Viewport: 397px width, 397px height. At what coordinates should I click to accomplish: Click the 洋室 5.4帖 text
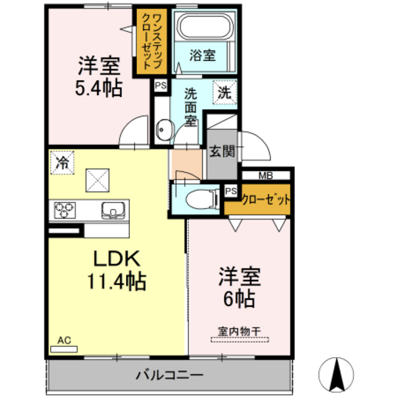pyautogui.click(x=99, y=76)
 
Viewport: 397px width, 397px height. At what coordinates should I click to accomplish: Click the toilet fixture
pyautogui.click(x=198, y=198)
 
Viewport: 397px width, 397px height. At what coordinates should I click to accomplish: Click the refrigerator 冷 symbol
pyautogui.click(x=62, y=162)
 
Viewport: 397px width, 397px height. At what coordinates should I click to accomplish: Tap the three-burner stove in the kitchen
pyautogui.click(x=65, y=211)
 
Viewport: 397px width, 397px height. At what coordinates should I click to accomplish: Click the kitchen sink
pyautogui.click(x=113, y=210)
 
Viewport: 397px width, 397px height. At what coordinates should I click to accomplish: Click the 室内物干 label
pyautogui.click(x=239, y=330)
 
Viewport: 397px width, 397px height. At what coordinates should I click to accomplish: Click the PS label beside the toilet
pyautogui.click(x=230, y=191)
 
